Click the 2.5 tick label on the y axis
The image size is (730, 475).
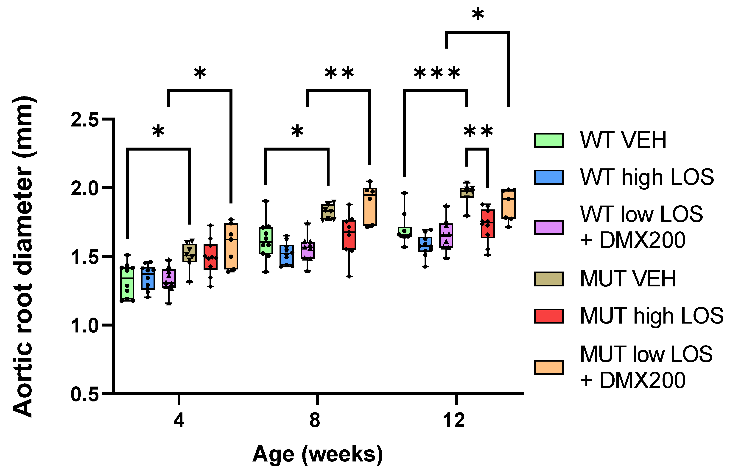(84, 119)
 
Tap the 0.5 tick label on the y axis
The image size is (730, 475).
(84, 394)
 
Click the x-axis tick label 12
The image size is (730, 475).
(454, 420)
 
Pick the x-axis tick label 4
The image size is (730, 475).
(179, 420)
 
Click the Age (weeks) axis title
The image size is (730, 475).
(318, 454)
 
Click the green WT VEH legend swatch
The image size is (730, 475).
(549, 140)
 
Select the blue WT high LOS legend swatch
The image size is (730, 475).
(549, 177)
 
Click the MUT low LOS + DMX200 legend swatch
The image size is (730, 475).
(549, 368)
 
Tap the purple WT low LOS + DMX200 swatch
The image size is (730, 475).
(549, 228)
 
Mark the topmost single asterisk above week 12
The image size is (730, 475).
(478, 14)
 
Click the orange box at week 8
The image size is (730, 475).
(370, 207)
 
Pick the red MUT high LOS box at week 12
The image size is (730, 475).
(488, 224)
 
